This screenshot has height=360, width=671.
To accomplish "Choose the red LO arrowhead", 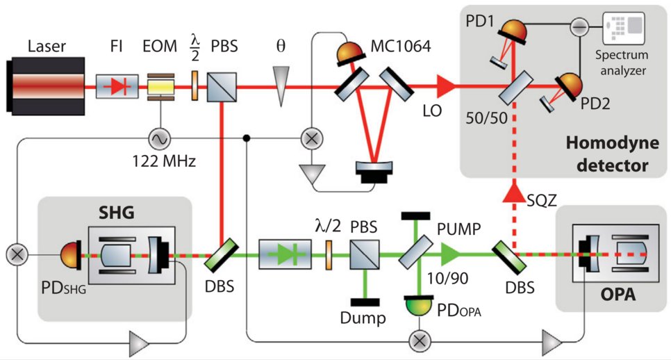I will point(445,88).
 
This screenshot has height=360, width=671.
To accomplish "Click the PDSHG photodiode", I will point(65,254).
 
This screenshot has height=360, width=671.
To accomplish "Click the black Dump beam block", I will point(363,302).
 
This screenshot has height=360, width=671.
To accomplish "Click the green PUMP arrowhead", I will point(454,254).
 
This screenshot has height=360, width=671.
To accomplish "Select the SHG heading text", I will point(115,211).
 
